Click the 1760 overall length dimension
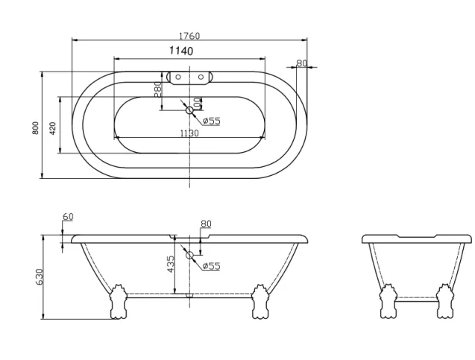189,36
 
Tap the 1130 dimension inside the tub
189,133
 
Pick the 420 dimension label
53,127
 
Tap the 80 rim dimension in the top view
301,63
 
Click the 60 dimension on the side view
68,217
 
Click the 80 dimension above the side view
206,224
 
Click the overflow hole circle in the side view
189,256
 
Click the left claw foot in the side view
119,303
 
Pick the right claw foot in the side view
260,303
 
